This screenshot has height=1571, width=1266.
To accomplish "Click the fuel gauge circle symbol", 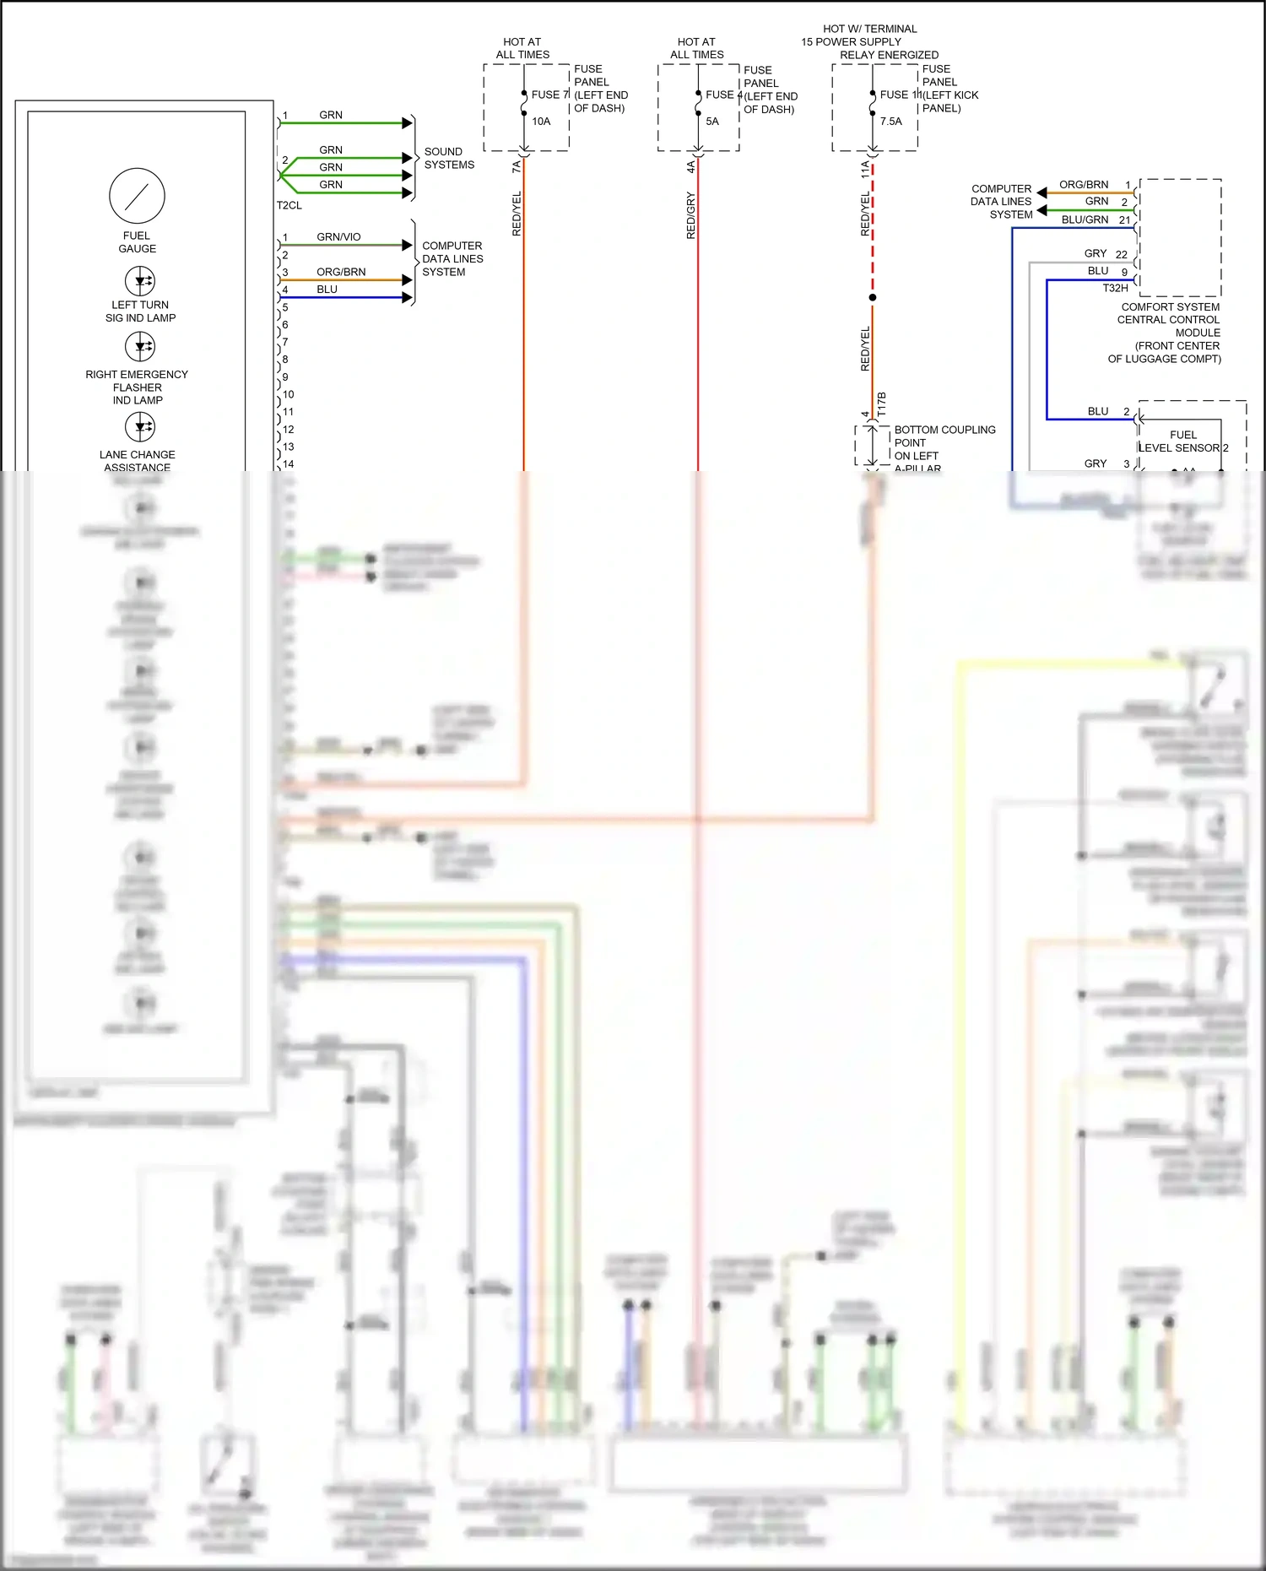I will point(137,196).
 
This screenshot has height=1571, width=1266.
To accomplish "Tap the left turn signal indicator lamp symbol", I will point(140,280).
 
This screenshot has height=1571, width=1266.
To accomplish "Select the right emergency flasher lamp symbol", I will point(140,346).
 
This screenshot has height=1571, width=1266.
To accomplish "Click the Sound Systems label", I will point(449,158).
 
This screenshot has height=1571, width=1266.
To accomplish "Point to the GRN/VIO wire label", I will point(338,237).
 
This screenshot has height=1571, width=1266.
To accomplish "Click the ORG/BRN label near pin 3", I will point(341,272).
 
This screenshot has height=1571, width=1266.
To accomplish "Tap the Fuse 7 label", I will point(549,95).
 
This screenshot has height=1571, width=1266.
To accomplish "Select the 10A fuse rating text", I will point(541,122).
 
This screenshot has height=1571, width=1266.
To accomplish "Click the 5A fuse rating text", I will point(712,122).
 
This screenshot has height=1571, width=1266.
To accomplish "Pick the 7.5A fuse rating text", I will point(890,122).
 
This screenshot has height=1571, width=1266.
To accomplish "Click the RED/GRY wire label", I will point(691,215).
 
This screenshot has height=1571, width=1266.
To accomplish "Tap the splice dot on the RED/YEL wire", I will point(873,297).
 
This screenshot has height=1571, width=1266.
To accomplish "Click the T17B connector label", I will point(882,404).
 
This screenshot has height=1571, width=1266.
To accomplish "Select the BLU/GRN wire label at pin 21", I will point(1085,219).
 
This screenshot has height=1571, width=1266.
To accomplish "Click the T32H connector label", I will point(1115,288).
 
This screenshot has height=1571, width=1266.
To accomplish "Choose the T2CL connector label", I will point(289,205).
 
